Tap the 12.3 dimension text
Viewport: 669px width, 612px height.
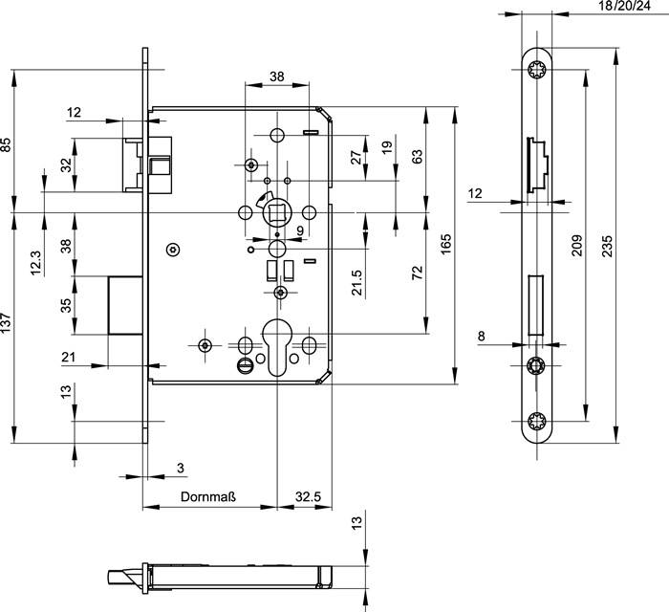(36, 261)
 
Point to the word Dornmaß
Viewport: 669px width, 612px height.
(208, 497)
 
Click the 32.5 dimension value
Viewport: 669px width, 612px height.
(307, 497)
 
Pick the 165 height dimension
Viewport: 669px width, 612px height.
(444, 246)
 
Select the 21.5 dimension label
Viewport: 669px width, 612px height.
(356, 284)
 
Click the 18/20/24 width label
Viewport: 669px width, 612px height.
(616, 7)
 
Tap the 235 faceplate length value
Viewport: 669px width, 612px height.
(607, 246)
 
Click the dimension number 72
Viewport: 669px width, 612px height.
(417, 272)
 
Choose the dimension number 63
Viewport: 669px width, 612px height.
(417, 157)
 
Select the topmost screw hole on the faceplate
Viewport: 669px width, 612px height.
(535, 69)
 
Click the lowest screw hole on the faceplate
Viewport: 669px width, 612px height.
(535, 420)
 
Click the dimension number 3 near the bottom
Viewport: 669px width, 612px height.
(181, 468)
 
